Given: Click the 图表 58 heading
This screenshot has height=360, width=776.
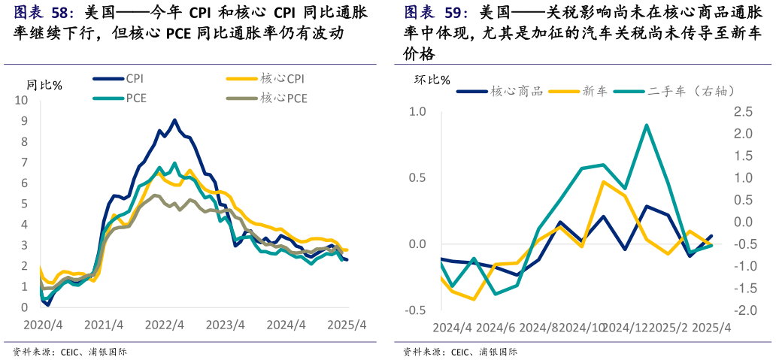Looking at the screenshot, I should (44, 13).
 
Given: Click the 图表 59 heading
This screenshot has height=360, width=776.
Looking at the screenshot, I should (436, 13).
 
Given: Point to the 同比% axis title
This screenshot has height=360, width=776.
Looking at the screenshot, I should (44, 85).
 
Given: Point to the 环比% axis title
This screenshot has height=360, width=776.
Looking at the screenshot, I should (432, 80).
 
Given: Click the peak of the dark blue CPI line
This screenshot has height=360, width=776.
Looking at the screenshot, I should (174, 119).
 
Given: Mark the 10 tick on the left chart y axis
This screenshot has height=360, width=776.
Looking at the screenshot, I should (22, 100).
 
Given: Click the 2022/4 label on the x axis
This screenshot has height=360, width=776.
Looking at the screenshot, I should (165, 325).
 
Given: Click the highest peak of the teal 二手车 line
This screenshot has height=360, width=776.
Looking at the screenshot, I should (647, 126).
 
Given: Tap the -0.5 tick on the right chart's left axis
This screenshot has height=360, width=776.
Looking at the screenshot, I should (416, 310).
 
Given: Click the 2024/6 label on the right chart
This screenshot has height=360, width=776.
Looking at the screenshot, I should (496, 328).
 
